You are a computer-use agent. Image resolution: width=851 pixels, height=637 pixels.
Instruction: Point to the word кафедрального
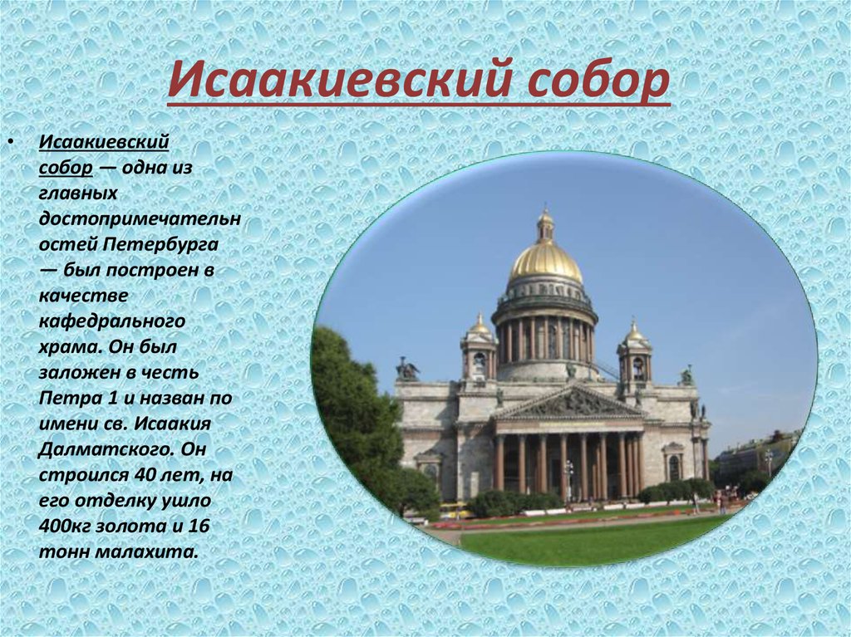point(112,321)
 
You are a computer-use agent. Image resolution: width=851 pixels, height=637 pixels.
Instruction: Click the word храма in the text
point(67,346)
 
